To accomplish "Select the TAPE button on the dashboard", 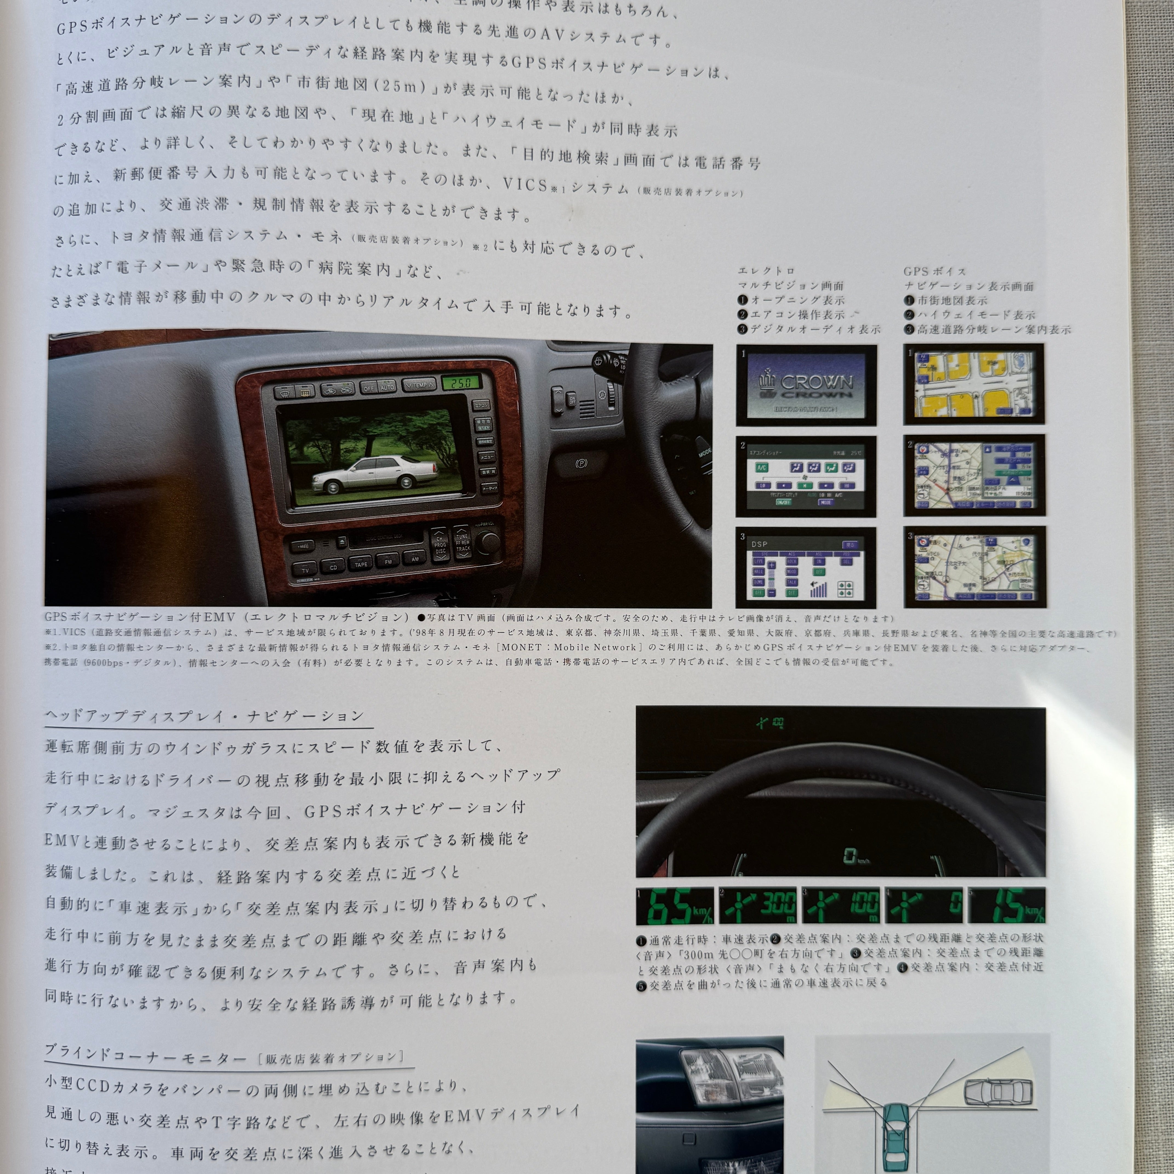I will point(361,563).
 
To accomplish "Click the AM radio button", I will point(415,558).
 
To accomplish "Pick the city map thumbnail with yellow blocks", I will point(973,383).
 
